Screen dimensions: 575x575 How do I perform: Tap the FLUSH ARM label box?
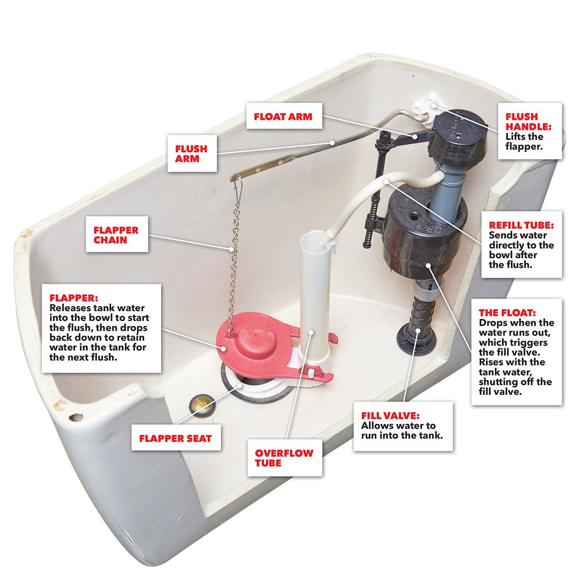pos(192,153)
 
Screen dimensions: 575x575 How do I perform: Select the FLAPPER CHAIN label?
pos(116,234)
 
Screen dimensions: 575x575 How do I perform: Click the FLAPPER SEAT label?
pos(176,438)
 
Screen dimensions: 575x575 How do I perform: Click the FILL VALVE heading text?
pos(391,415)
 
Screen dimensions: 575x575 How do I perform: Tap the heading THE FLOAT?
pos(507,312)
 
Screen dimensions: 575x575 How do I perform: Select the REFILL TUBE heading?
pos(521,225)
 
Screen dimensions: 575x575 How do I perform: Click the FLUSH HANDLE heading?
pos(528,121)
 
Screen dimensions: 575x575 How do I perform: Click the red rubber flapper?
pos(257,345)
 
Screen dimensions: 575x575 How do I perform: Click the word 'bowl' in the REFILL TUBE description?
pos(500,255)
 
